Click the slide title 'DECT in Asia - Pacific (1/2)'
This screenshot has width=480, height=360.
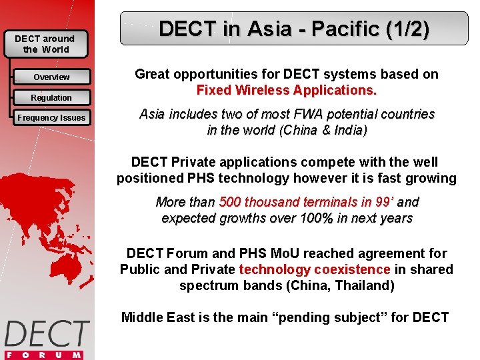[294, 29]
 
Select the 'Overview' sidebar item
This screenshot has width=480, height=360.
[51, 77]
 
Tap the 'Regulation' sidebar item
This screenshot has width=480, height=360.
[51, 98]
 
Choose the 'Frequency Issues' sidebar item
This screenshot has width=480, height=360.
[51, 118]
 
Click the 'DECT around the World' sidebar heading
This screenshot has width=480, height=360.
[45, 44]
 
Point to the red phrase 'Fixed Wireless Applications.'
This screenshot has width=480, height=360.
[287, 90]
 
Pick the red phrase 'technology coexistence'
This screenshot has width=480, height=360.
[315, 269]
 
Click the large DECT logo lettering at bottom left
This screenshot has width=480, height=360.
[47, 333]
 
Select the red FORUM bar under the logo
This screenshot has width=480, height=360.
[45, 355]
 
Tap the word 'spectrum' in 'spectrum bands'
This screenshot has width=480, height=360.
[205, 286]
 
